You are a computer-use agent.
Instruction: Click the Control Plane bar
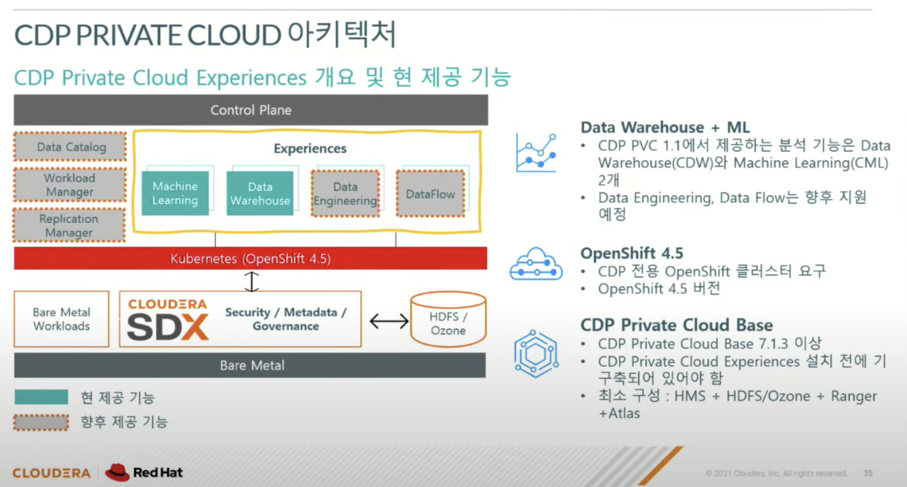(x=251, y=110)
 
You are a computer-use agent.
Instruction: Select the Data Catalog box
(x=70, y=147)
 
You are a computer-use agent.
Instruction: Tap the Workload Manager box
(x=70, y=185)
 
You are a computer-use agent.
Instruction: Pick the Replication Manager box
(x=69, y=226)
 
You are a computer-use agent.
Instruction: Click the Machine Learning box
(x=175, y=193)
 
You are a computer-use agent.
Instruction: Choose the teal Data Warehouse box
(x=260, y=193)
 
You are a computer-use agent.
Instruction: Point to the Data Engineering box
(x=345, y=193)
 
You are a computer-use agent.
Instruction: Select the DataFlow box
(x=430, y=194)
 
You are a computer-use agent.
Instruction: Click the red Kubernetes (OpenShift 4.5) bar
(x=251, y=259)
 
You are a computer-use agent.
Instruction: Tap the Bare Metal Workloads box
(x=62, y=319)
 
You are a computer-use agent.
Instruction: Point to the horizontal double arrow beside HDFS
(x=389, y=320)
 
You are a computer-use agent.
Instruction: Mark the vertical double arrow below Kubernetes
(x=252, y=282)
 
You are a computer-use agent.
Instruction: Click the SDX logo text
(x=167, y=328)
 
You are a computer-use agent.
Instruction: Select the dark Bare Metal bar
(x=251, y=365)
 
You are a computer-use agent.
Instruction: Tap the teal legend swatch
(x=41, y=398)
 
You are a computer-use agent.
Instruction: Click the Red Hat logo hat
(x=117, y=471)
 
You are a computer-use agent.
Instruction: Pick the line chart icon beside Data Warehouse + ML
(x=536, y=152)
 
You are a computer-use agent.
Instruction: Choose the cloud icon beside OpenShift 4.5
(x=536, y=265)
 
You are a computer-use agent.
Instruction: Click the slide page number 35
(x=868, y=473)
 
